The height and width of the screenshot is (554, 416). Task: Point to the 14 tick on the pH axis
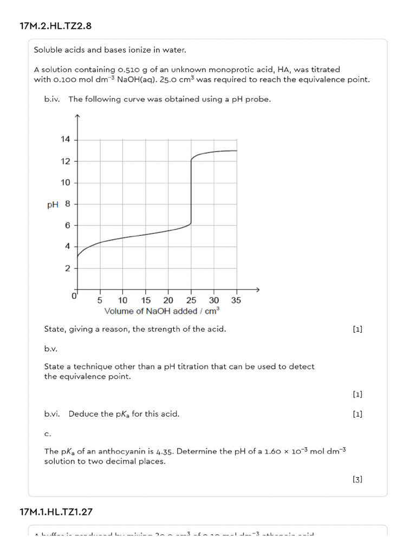(x=66, y=140)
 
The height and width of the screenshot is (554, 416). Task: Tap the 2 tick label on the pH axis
(x=67, y=268)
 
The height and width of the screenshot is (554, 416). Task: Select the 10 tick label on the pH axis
(x=66, y=182)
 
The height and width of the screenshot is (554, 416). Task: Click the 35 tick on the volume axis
(x=236, y=300)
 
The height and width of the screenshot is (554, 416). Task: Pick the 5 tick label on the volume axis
(x=100, y=300)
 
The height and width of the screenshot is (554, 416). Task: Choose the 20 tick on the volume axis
(x=168, y=300)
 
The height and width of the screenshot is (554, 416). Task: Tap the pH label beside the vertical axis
(x=53, y=205)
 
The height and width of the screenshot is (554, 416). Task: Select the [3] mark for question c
(x=357, y=479)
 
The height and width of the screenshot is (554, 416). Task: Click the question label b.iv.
(x=53, y=99)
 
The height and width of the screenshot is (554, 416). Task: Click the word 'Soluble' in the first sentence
(x=48, y=50)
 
